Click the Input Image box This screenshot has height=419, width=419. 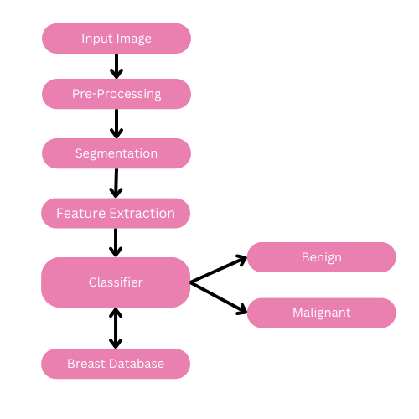(x=116, y=39)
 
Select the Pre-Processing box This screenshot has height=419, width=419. (x=116, y=94)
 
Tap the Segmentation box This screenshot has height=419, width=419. (x=116, y=153)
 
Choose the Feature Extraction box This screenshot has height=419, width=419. (x=116, y=213)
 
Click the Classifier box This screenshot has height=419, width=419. (x=116, y=282)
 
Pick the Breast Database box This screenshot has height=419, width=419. (x=116, y=364)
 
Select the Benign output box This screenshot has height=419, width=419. (x=321, y=257)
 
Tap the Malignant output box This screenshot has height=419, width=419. (x=321, y=313)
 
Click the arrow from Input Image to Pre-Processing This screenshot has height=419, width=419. (x=116, y=66)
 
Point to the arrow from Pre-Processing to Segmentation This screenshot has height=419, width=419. (x=116, y=123)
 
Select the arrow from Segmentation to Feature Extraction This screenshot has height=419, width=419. (x=116, y=183)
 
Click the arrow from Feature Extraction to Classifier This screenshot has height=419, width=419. (x=116, y=242)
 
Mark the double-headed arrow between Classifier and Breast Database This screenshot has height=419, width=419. (x=116, y=328)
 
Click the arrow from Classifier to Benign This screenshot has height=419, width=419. (x=219, y=270)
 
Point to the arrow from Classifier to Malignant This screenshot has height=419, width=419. (x=219, y=297)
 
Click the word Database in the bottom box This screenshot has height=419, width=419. (x=136, y=364)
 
